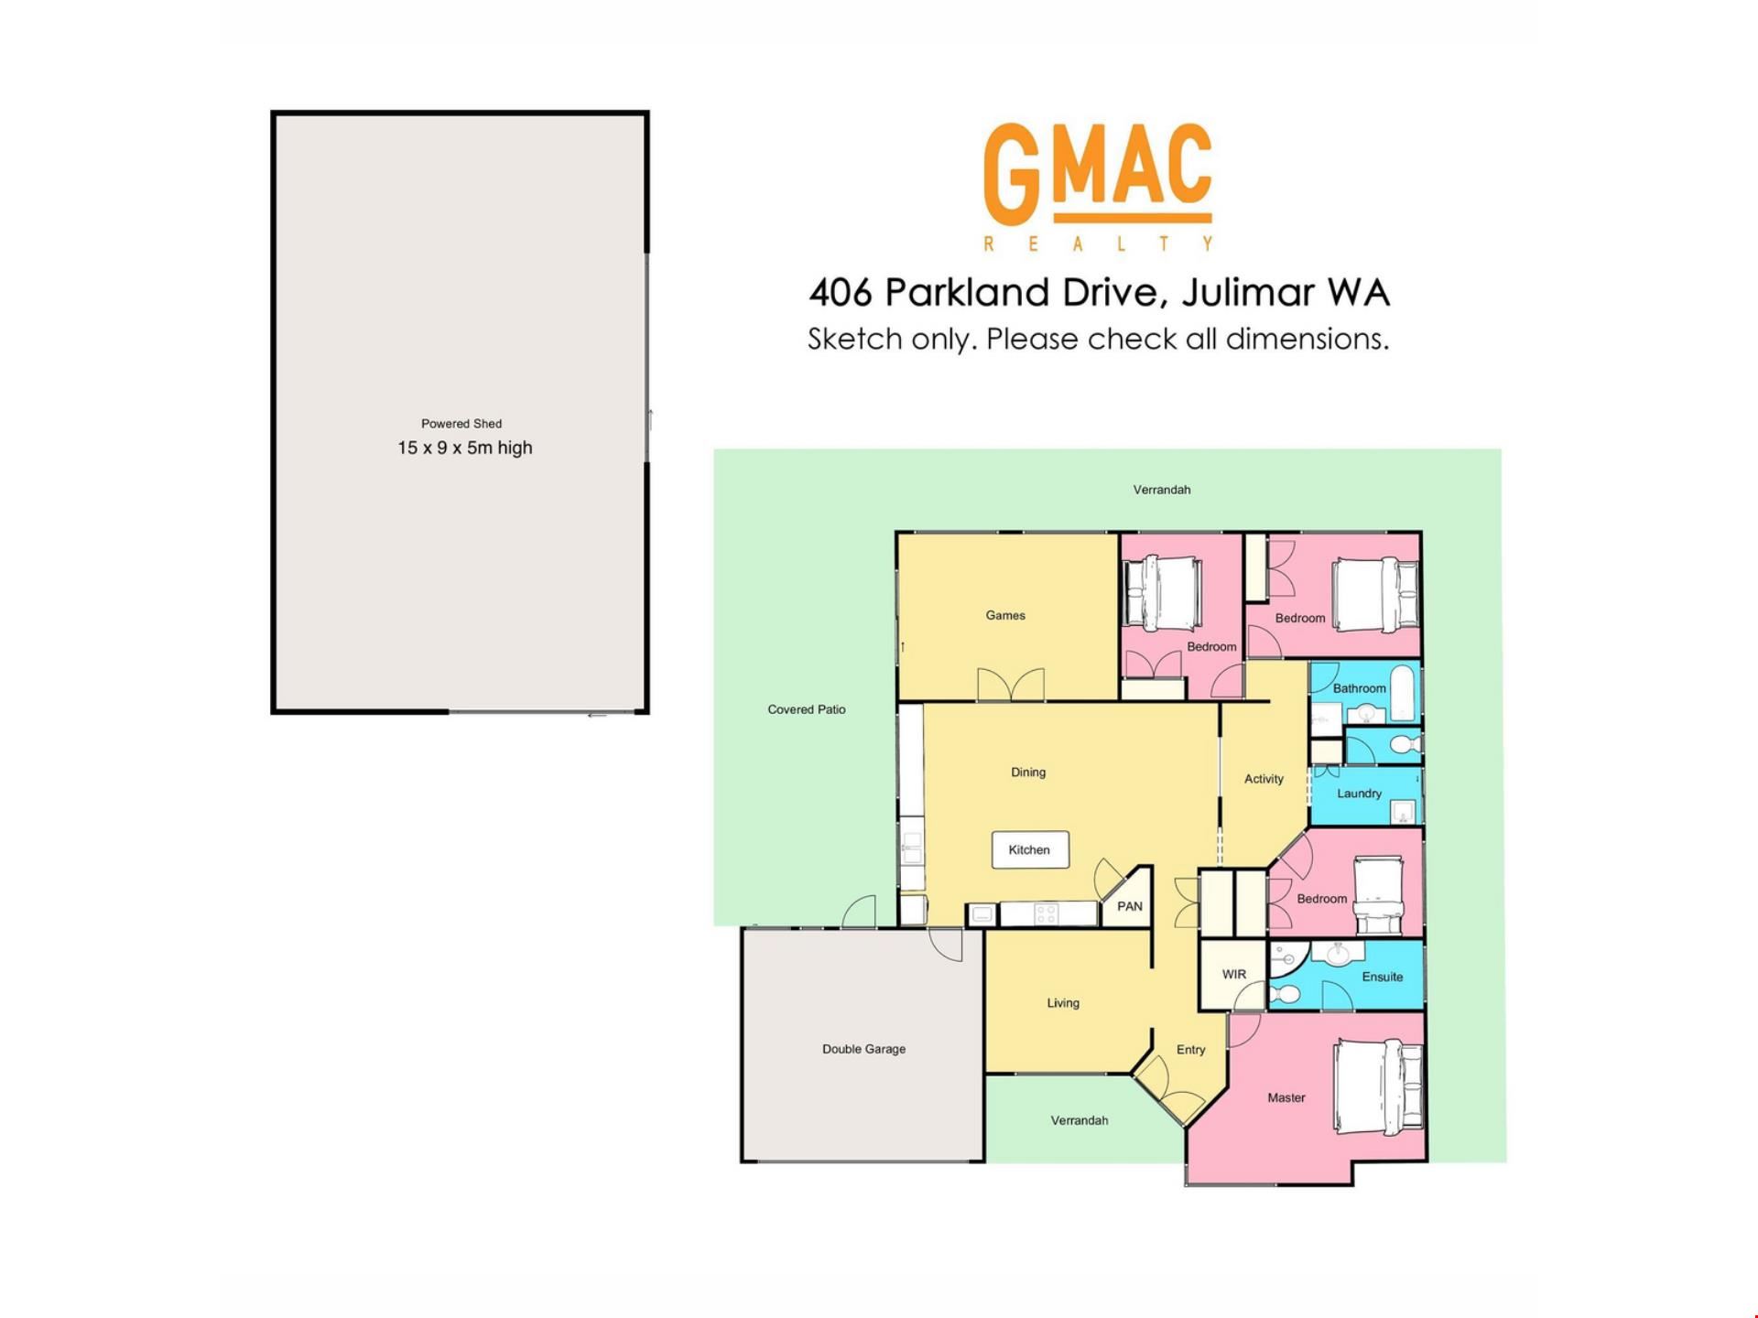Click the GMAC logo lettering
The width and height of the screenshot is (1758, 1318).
pos(1098,175)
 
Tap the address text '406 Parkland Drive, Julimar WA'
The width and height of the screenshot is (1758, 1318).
pos(1099,293)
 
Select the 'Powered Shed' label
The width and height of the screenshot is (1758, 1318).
pos(461,424)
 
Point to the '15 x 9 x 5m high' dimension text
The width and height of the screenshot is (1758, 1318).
pos(464,448)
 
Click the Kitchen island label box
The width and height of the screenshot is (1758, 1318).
pos(1030,850)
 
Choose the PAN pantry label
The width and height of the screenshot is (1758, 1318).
pos(1130,906)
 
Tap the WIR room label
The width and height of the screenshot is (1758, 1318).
pos(1234,974)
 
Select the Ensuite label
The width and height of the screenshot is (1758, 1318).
pos(1383,977)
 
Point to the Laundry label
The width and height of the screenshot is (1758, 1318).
pos(1359,794)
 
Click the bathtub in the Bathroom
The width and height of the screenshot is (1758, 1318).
pos(1403,692)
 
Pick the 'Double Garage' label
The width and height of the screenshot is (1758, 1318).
pos(863,1049)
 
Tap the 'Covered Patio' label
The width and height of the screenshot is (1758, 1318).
pos(807,709)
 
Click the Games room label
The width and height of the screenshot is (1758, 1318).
pos(1005,615)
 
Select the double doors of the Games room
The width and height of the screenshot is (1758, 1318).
pos(1011,685)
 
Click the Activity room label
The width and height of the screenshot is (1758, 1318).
pos(1264,779)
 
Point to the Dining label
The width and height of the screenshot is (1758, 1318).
pos(1028,772)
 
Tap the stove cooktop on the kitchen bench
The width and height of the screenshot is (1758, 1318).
pos(1047,913)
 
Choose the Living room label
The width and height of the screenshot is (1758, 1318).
pos(1063,1003)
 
